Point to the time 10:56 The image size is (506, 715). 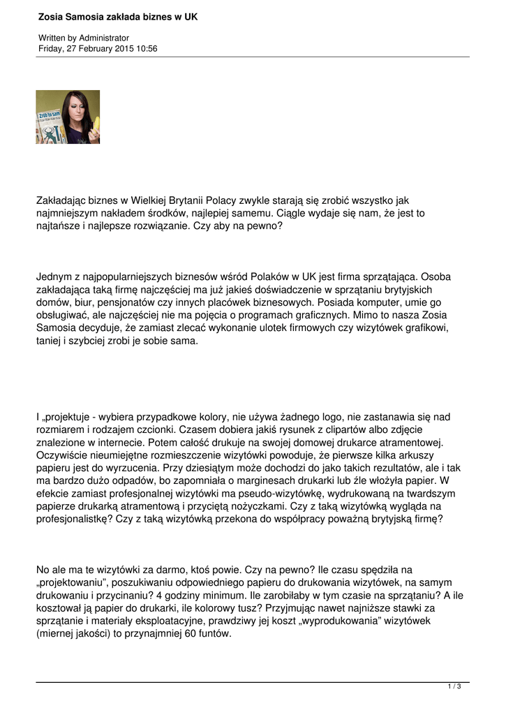click(147, 49)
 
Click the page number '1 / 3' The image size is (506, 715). click(454, 687)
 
